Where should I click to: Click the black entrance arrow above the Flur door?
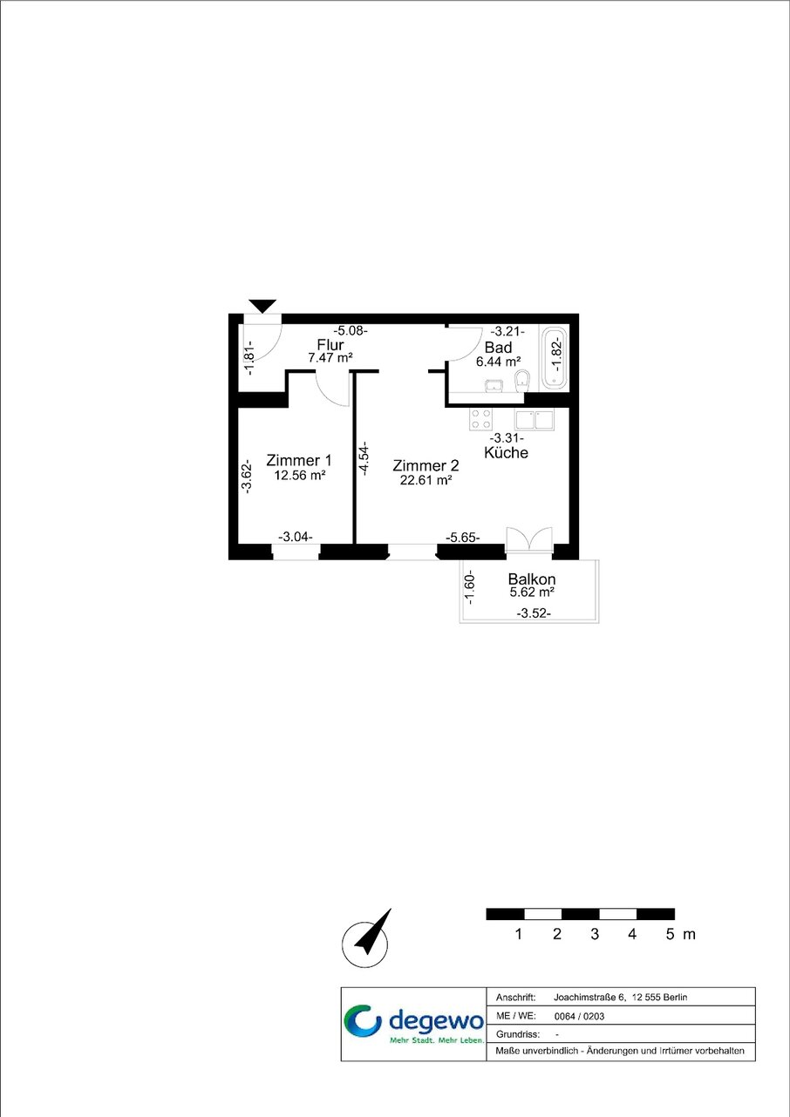coord(262,306)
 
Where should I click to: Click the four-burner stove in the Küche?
coord(481,419)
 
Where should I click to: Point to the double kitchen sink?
coord(535,420)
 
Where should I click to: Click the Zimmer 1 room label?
coord(298,460)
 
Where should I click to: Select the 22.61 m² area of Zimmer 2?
coord(426,480)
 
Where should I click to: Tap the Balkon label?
coord(532,579)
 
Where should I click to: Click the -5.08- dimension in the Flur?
coord(351,330)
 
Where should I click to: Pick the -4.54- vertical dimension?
coord(364,458)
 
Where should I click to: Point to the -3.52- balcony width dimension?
coord(534,613)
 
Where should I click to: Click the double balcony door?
coord(529,539)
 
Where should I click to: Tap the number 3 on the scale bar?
coord(595,934)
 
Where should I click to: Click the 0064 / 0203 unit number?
coord(579,1016)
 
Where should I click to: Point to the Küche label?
coord(506,452)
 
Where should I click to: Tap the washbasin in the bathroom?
coord(494,386)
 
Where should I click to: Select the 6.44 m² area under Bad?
coord(499,362)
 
